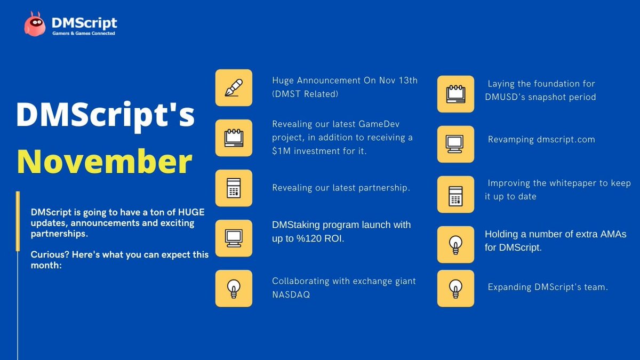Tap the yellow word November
click(105, 162)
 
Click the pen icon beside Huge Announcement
click(234, 87)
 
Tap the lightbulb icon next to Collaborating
click(234, 289)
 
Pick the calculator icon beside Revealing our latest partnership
click(234, 188)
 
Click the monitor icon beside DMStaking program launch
click(234, 238)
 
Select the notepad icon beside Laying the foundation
click(455, 94)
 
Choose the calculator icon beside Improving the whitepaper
click(455, 194)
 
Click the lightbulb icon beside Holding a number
click(455, 244)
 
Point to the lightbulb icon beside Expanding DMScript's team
click(455, 289)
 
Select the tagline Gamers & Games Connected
click(83, 34)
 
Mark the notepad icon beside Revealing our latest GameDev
click(234, 138)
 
